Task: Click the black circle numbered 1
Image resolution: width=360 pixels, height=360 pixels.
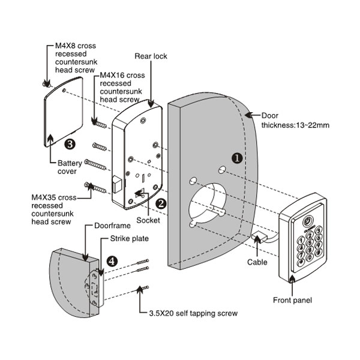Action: pyautogui.click(x=237, y=158)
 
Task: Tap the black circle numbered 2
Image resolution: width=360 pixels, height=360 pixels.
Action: pyautogui.click(x=161, y=203)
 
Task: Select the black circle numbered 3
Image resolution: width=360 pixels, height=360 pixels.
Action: pyautogui.click(x=70, y=144)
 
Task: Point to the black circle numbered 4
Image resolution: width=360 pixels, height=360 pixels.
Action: pyautogui.click(x=112, y=261)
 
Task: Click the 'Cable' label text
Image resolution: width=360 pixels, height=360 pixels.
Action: pyautogui.click(x=257, y=262)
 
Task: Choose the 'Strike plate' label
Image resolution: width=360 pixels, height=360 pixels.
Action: pyautogui.click(x=128, y=239)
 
